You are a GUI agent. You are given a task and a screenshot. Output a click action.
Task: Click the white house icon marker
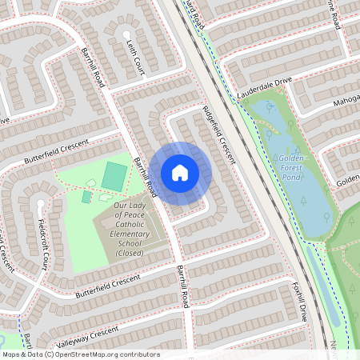180,172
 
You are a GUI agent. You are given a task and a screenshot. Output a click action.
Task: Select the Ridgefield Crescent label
218,135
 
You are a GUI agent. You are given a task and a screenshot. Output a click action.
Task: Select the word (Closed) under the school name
130,252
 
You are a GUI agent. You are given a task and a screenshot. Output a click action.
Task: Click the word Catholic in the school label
130,234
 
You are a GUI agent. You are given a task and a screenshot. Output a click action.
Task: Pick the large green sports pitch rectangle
115,178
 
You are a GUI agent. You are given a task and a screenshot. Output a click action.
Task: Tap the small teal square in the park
86,197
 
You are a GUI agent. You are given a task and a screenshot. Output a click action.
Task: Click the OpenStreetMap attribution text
80,354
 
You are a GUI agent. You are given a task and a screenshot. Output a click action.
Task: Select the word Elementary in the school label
130,242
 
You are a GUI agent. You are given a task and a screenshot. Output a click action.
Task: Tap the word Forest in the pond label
294,168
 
